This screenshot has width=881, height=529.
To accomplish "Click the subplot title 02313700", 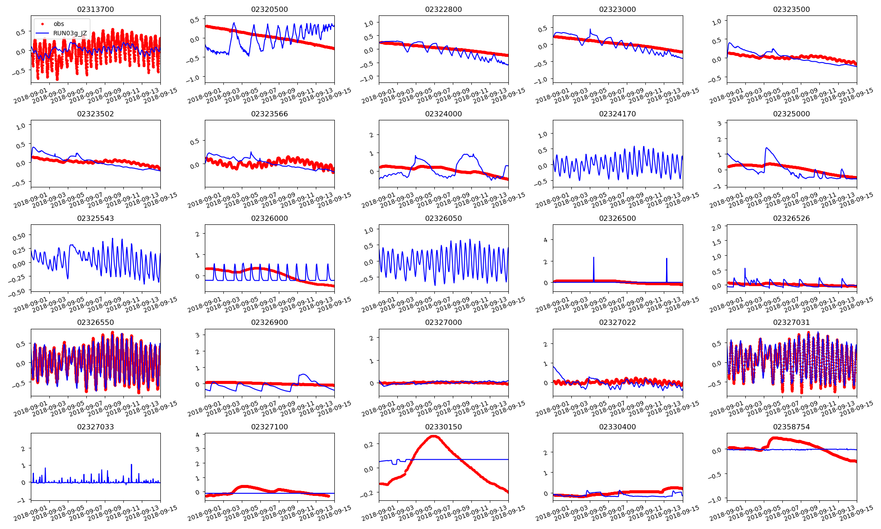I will pos(95,9).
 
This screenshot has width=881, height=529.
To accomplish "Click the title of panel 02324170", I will pos(617,114).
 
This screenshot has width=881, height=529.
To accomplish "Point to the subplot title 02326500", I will pos(617,218).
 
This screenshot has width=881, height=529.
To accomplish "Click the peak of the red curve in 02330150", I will pos(434,436).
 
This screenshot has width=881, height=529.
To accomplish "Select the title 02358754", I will pos(791,427).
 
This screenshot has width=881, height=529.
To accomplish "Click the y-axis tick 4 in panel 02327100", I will pos(198,435).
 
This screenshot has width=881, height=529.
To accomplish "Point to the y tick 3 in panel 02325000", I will pos(720,123).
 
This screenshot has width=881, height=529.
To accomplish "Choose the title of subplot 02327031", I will pos(791,322).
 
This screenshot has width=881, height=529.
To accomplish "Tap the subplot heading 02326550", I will pos(95,322).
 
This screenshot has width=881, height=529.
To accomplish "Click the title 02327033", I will pos(95,427).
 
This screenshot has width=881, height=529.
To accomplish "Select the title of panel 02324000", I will pos(443,114).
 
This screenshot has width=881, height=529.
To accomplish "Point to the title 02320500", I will pos(269,9).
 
